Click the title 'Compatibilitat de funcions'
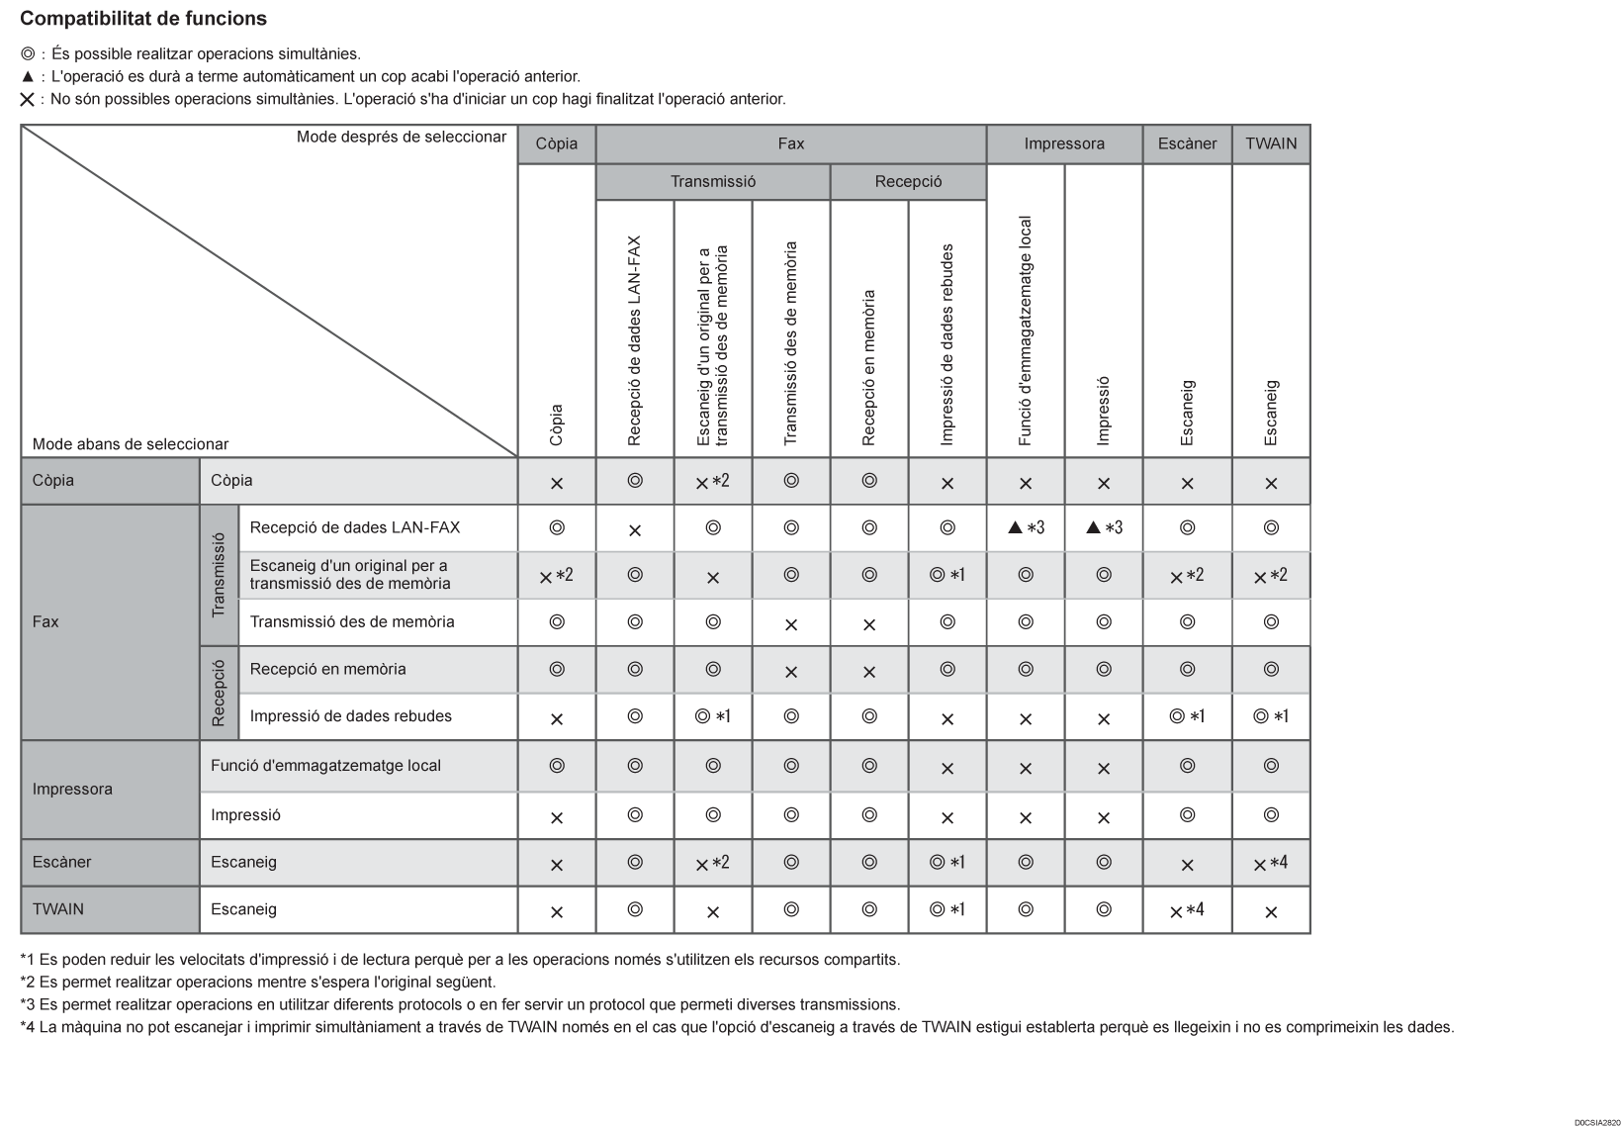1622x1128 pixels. point(143,19)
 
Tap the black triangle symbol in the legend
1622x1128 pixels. point(27,76)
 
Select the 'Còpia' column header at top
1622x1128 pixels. point(556,143)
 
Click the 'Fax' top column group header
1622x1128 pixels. point(790,143)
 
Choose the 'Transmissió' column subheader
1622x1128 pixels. point(712,181)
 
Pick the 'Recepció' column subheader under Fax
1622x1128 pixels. point(908,181)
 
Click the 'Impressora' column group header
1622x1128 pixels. point(1064,143)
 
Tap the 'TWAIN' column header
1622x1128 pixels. point(1271,143)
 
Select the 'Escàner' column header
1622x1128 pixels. point(1187,143)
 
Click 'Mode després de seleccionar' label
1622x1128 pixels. point(401,137)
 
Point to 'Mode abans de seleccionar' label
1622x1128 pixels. point(131,444)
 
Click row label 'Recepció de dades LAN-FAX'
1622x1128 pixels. point(354,527)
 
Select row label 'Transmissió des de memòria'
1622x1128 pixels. point(352,621)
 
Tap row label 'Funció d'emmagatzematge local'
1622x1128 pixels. point(325,765)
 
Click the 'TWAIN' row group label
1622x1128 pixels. point(58,908)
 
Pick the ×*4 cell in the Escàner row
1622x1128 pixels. point(1271,863)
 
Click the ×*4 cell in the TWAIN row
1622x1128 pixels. point(1187,910)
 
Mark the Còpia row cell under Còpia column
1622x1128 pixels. point(556,483)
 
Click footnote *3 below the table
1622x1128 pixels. point(460,1004)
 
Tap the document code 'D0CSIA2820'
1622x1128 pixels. point(1597,1122)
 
